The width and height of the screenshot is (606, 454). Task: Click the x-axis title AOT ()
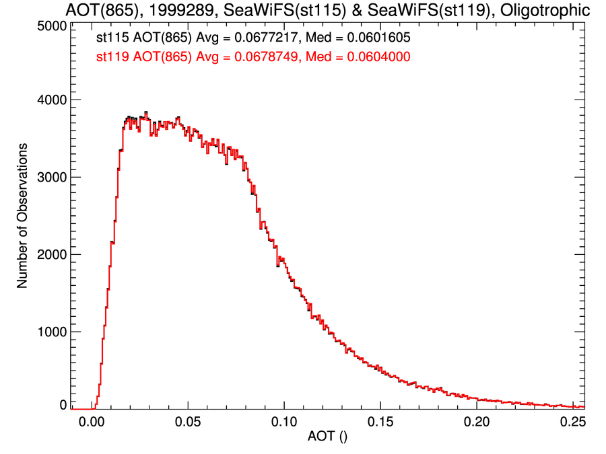327,439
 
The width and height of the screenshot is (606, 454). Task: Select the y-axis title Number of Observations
22,216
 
